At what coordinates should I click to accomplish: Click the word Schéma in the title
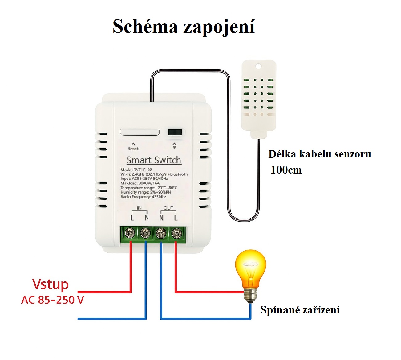click(145, 27)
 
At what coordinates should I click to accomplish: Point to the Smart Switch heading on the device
click(154, 160)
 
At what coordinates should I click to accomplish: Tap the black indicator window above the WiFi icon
click(175, 132)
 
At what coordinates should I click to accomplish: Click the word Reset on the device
click(133, 149)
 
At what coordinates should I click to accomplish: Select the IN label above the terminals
click(139, 208)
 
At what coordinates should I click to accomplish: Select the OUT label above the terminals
click(168, 208)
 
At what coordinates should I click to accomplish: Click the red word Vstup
click(51, 284)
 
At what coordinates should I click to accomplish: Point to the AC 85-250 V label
click(52, 300)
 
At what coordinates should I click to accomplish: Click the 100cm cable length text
click(286, 170)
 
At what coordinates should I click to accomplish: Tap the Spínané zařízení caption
click(300, 310)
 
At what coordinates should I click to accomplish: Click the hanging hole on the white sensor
click(258, 66)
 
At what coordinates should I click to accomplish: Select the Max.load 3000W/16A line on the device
click(140, 183)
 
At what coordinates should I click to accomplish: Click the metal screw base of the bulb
click(250, 296)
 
